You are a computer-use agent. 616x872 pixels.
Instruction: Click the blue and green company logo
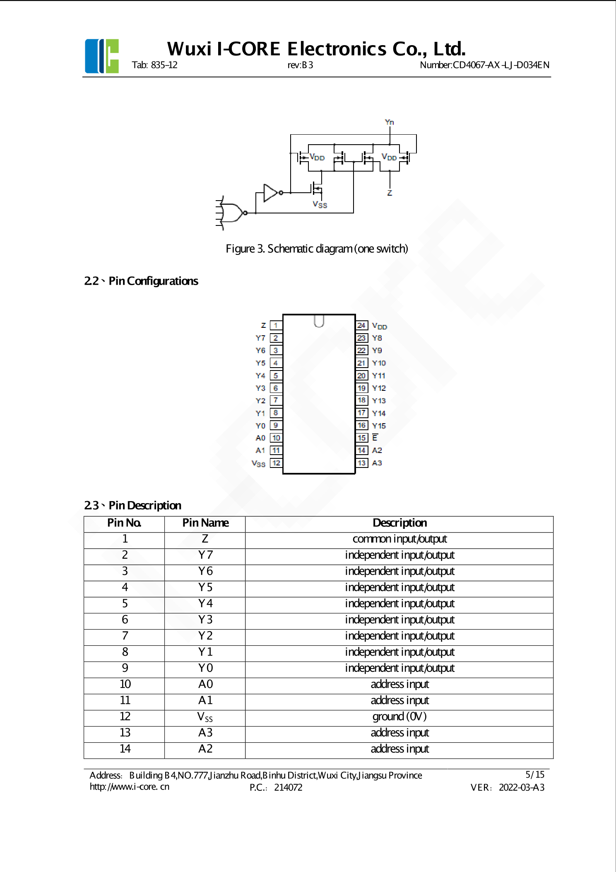[x=102, y=56]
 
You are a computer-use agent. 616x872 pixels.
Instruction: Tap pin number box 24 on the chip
[x=361, y=326]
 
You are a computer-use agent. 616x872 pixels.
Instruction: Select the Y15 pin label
[x=379, y=426]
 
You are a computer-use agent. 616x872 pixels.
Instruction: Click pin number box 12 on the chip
[x=276, y=463]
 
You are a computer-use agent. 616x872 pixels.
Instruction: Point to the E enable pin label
[x=375, y=438]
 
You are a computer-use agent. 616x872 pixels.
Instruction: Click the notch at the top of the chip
[x=319, y=321]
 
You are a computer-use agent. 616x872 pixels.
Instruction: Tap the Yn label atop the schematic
[x=389, y=122]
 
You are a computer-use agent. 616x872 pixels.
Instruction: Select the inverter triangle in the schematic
[x=271, y=193]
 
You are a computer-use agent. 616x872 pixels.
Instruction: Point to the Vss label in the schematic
[x=320, y=204]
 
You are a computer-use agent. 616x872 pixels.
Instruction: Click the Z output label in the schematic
[x=390, y=193]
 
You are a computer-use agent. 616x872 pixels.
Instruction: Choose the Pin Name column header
[x=205, y=523]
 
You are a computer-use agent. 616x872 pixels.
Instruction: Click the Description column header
[x=399, y=523]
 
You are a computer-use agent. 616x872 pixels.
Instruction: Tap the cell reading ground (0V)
[x=399, y=717]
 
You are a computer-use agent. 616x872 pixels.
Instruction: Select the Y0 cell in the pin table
[x=205, y=668]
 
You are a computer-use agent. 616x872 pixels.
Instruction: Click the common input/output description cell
[x=399, y=539]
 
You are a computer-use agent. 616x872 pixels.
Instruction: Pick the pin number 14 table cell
[x=125, y=749]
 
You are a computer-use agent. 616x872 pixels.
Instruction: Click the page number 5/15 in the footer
[x=535, y=775]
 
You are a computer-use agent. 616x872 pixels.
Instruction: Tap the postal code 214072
[x=288, y=787]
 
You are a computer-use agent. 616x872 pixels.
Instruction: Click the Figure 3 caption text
[x=317, y=249]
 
